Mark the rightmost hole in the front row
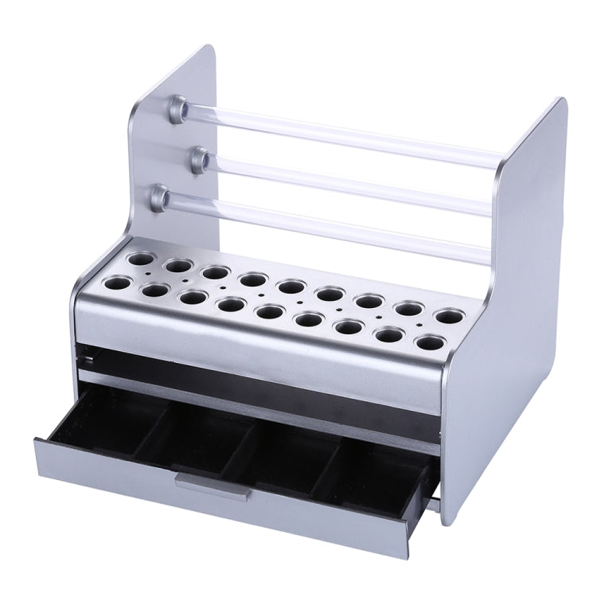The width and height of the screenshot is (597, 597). point(429,343)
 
